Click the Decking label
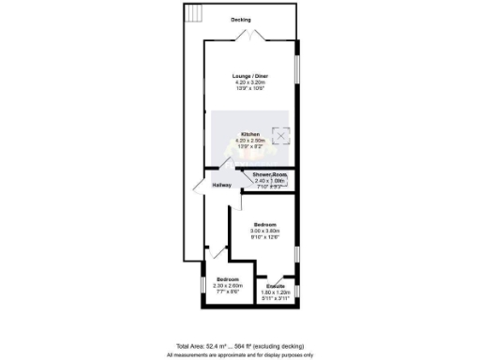coord(242,20)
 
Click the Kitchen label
coord(249,134)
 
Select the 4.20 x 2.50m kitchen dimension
coord(249,141)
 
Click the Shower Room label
coord(268,174)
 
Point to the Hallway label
coord(221,185)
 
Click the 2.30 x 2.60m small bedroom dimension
coord(229,286)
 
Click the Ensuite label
coord(275,285)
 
